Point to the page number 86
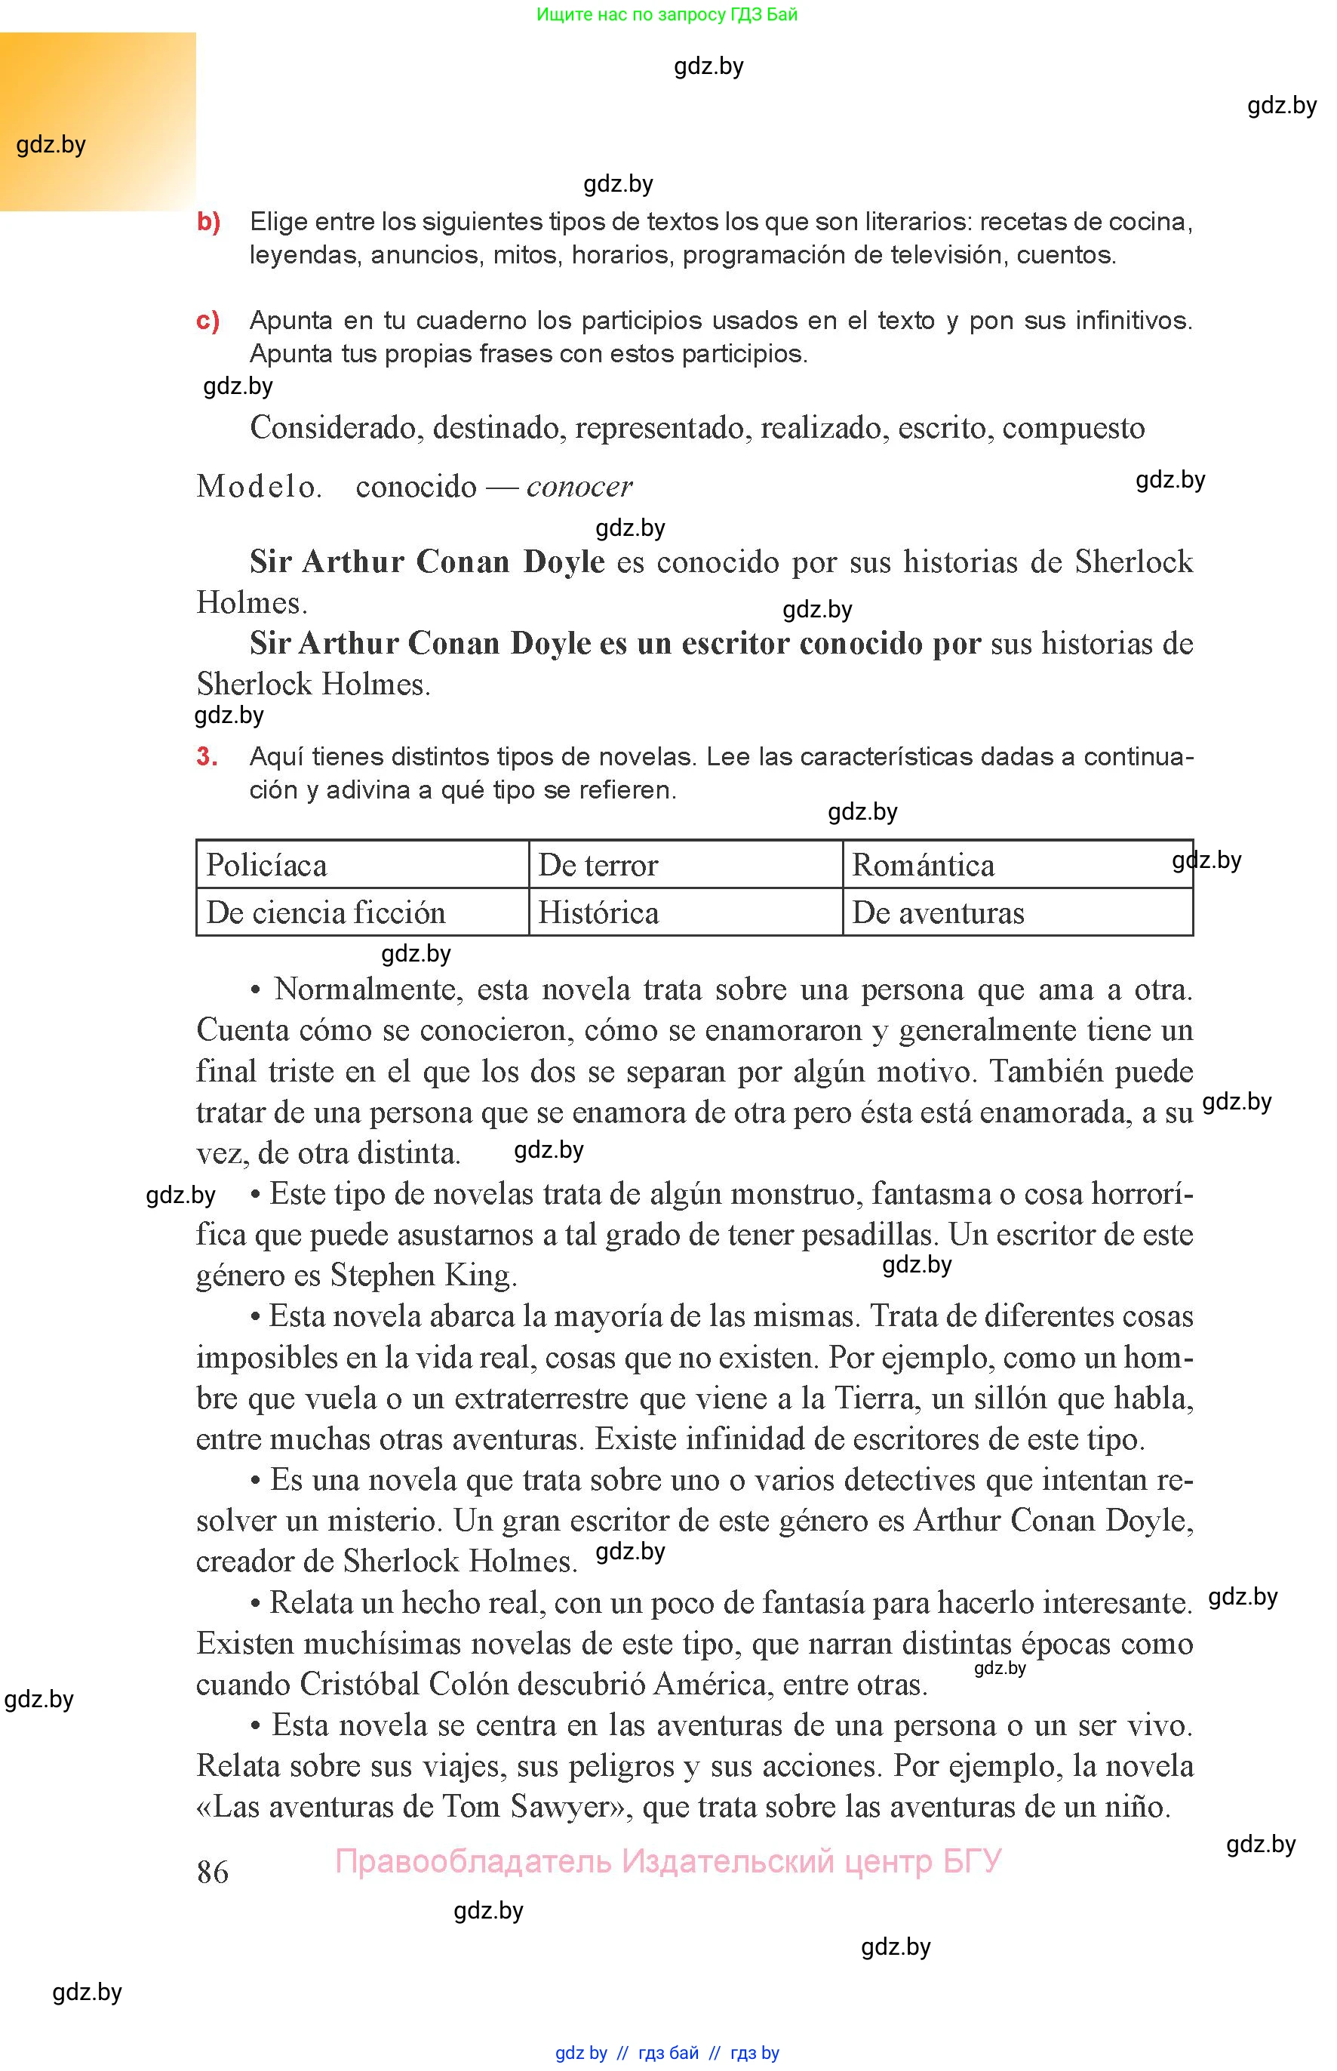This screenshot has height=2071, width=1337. pos(213,1871)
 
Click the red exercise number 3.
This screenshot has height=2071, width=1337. pos(207,756)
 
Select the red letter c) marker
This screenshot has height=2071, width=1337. pos(208,321)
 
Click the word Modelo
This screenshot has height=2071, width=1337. pos(259,486)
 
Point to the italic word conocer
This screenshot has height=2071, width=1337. pos(579,486)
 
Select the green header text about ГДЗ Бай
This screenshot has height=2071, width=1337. pos(667,14)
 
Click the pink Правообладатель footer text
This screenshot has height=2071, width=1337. pos(668,1861)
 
